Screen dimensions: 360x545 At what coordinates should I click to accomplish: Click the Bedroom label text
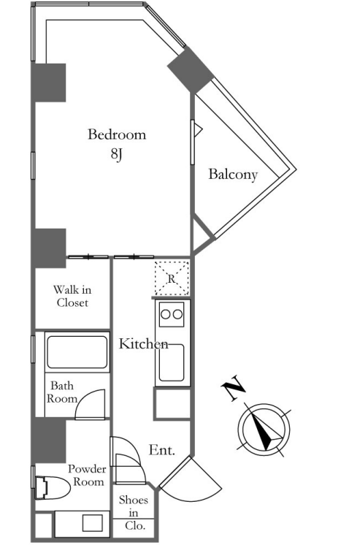pos(117,134)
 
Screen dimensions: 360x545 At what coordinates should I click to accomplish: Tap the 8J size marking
pos(117,154)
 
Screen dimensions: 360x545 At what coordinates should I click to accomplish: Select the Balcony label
pos(233,174)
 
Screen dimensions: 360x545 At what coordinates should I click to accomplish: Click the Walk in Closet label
pos(72,296)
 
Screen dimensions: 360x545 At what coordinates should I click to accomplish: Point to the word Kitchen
pos(144,344)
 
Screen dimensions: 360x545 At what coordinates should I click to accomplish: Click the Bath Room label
pos(62,392)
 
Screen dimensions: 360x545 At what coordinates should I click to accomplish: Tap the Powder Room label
pos(86,476)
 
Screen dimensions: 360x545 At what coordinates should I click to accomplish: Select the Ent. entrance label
pos(161,450)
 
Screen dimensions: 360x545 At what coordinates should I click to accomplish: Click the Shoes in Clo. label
pos(134,513)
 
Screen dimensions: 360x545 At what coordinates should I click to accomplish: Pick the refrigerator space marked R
pos(172,278)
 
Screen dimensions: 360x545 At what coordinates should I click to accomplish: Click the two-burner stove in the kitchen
pos(172,314)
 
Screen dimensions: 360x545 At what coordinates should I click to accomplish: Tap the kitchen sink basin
pos(172,362)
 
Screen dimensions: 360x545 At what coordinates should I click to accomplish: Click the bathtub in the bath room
pos(77,351)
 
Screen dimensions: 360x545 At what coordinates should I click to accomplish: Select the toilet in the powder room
pos(52,487)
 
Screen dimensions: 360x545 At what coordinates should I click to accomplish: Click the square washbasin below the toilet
pos(92,523)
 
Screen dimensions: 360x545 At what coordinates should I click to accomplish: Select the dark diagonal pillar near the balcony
pos(191,69)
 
